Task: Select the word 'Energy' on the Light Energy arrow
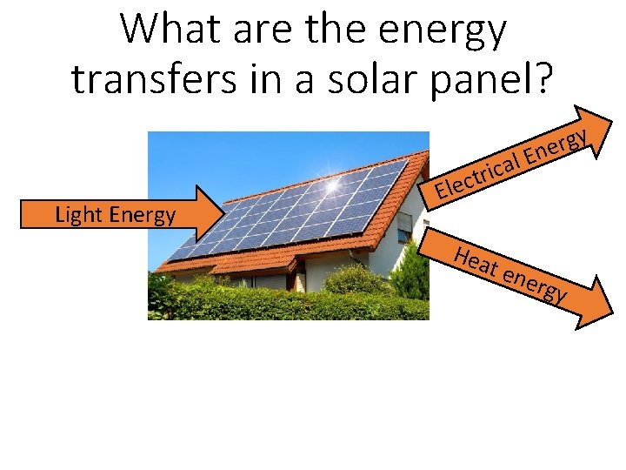click(x=143, y=215)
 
